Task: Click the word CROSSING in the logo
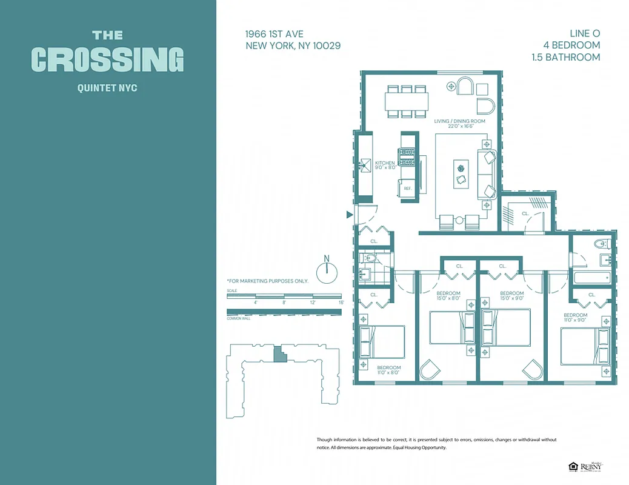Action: coord(107,59)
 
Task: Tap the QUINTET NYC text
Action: coord(107,88)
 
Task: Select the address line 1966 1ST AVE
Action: coord(275,34)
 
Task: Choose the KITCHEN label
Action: coord(385,163)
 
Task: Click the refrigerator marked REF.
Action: coord(408,188)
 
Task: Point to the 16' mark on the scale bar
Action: coord(341,302)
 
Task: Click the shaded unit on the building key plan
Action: coord(279,354)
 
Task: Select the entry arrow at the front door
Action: coord(349,214)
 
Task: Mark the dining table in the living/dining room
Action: coord(407,101)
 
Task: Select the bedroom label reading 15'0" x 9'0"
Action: coord(511,296)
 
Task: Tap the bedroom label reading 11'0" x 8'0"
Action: coord(389,370)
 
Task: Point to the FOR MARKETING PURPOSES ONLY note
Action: coord(267,281)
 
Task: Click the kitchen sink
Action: coord(365,165)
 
